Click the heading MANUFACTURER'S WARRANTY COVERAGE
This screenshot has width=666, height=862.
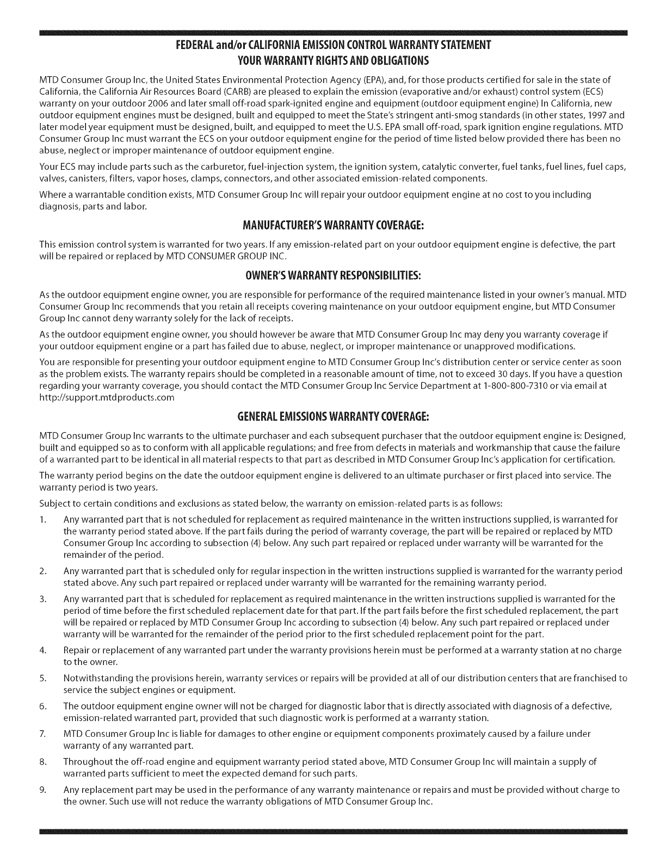click(x=332, y=225)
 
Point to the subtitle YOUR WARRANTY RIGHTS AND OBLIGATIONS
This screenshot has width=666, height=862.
click(x=332, y=59)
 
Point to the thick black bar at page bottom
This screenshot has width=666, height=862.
click(x=332, y=832)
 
